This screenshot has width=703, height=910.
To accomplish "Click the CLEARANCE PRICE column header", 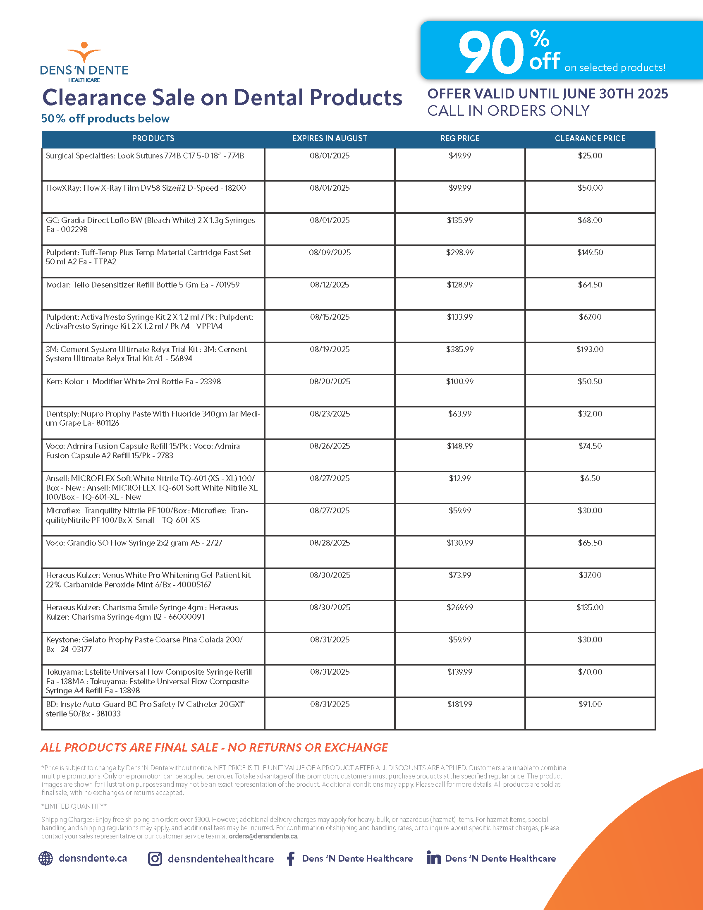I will pos(590,138).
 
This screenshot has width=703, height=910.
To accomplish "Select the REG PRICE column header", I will pos(460,138).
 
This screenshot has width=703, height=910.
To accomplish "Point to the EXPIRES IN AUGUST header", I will pos(330,138).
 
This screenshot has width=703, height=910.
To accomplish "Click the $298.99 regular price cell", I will pos(460,252).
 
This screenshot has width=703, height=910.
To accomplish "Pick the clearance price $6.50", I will pos(590,478).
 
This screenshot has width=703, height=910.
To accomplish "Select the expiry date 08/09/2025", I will pos(330,252).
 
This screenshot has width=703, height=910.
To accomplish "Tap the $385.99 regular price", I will pos(460,349).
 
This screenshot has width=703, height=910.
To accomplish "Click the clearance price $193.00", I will pos(590,349).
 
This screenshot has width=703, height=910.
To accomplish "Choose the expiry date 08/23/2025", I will pos(330,414).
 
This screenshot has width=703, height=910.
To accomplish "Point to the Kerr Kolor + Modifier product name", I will pos(133,382).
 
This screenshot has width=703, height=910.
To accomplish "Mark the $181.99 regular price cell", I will pos(460,704).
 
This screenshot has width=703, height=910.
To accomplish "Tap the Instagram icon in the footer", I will pos(155,859).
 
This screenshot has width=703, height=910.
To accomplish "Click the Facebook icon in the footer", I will pos(291,859).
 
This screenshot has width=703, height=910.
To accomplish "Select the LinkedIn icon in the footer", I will pos(433,858).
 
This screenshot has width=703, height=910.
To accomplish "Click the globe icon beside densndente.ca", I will pos(46,859).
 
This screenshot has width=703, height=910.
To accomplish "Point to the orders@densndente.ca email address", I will pos(263,836).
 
